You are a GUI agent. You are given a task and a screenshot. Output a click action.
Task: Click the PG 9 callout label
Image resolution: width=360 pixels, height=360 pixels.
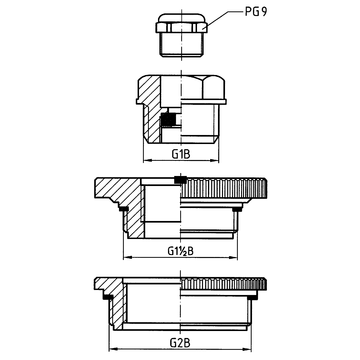(256, 12)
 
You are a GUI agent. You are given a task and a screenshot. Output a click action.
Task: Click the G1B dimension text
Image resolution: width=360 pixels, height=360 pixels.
(181, 154)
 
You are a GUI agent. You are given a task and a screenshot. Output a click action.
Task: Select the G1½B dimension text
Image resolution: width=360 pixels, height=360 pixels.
(180, 251)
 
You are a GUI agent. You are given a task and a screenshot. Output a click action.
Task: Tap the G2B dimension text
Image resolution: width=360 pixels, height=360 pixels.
(181, 342)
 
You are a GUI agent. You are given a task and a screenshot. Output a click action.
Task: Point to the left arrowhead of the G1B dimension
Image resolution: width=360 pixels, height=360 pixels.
(147, 161)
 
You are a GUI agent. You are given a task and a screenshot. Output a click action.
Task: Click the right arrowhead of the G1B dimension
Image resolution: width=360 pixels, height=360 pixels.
(215, 161)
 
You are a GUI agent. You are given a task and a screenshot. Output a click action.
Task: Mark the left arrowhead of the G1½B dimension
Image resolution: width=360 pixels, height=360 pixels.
(127, 257)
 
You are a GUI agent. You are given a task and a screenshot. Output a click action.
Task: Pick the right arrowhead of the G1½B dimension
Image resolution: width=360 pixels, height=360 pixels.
(234, 257)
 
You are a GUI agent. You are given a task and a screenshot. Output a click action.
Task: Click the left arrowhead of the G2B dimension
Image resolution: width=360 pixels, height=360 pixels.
(113, 349)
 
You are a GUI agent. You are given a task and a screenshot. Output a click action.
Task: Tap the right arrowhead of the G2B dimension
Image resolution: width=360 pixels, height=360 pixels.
(248, 349)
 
